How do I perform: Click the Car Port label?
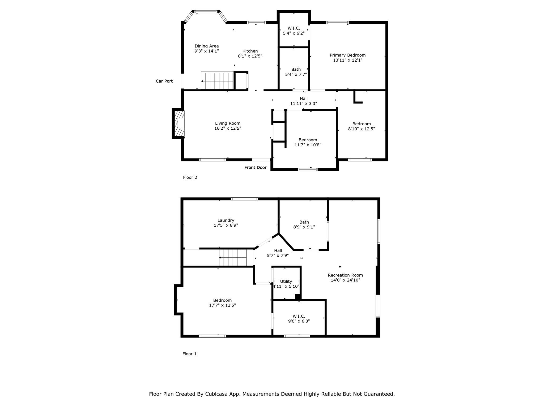[x=164, y=81]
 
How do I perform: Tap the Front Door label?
[x=255, y=167]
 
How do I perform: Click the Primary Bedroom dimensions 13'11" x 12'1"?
[x=347, y=60]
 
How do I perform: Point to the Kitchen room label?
[x=250, y=51]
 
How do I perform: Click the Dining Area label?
[x=207, y=46]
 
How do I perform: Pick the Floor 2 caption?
[x=190, y=177]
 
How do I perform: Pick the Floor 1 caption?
[x=189, y=354]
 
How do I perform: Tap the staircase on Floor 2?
[x=217, y=80]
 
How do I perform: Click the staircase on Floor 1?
[x=233, y=257]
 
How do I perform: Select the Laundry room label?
[x=226, y=220]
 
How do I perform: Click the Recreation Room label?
[x=345, y=275]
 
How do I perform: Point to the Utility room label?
[x=286, y=281]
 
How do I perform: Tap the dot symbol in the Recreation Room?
[x=340, y=266]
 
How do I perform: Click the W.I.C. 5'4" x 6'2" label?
[x=294, y=31]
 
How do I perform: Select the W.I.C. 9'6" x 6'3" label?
[x=299, y=318]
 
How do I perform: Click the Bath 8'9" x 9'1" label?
[x=304, y=224]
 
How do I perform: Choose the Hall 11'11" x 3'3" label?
[x=304, y=101]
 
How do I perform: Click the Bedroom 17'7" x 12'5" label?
[x=222, y=303]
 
